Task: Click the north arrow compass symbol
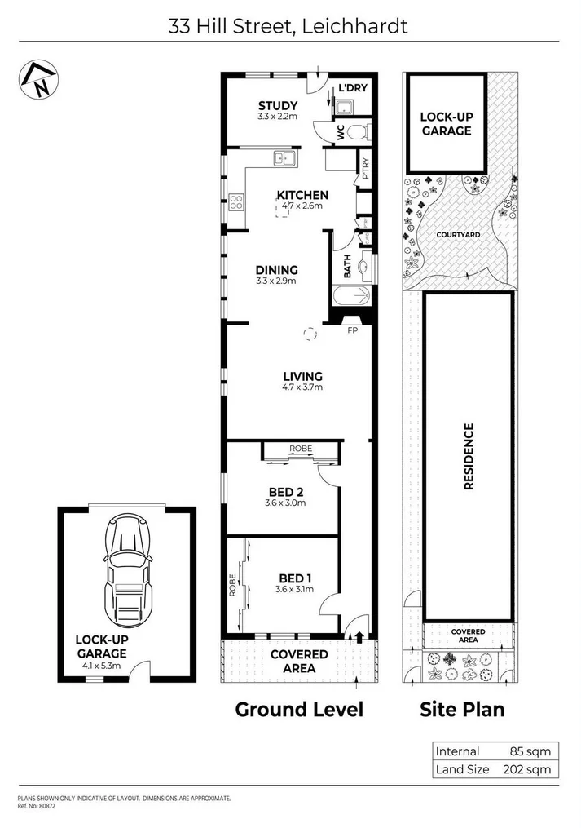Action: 35,80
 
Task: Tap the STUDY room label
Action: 278,105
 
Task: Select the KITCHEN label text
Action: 302,195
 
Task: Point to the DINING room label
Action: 277,270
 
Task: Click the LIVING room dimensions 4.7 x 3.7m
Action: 302,388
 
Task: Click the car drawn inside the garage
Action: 126,568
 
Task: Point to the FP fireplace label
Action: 353,331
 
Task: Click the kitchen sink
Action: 284,158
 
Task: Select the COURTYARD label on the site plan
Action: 457,235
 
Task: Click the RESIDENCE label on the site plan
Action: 469,457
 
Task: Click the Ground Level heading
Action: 299,709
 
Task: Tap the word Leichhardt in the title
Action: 353,26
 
